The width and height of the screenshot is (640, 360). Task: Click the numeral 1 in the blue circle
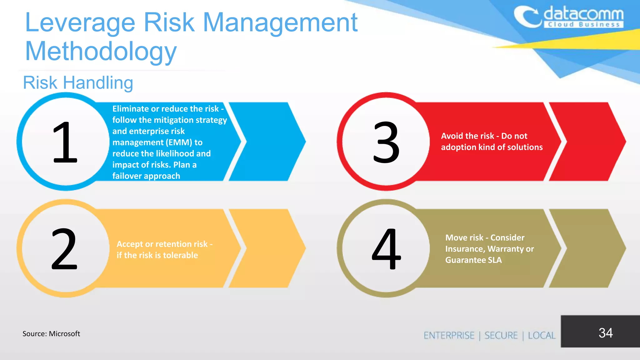(65, 142)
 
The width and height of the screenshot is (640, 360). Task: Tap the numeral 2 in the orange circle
(64, 249)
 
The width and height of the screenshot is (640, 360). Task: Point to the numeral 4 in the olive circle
(386, 249)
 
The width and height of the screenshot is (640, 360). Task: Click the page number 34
(605, 333)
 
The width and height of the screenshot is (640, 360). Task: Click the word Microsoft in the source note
(64, 334)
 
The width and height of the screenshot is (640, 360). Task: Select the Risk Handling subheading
(78, 83)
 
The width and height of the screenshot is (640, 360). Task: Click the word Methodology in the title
(101, 51)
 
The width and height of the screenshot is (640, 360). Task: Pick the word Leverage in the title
(80, 22)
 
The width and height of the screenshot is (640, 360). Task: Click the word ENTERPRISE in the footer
(449, 336)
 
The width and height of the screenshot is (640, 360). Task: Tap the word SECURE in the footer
(501, 336)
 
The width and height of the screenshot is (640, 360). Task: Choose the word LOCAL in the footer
(542, 336)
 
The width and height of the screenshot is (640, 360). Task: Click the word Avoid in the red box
(451, 136)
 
